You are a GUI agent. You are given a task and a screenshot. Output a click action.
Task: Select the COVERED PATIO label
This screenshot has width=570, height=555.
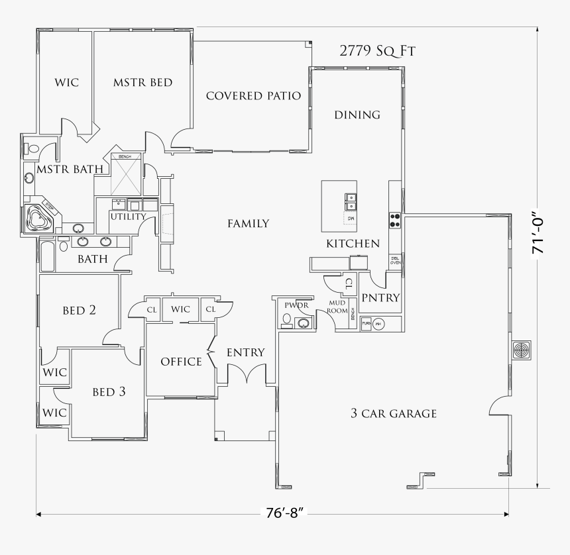coord(253,96)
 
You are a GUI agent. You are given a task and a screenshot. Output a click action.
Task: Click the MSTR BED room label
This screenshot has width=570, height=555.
coord(142,83)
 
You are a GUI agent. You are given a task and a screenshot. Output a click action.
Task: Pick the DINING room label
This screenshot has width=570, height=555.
coord(357,115)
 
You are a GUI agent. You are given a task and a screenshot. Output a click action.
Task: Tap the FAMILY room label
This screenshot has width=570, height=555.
coord(249,224)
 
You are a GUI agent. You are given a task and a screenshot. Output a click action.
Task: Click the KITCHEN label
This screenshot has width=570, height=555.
coord(353,244)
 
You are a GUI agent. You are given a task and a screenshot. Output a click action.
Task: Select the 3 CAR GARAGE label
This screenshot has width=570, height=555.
coord(394,414)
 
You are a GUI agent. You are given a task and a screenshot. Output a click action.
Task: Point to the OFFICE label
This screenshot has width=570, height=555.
coord(181,362)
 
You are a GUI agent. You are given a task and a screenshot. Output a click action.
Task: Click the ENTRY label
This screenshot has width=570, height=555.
coord(245,352)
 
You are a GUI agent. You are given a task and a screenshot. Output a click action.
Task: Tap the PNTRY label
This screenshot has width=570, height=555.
coord(380,298)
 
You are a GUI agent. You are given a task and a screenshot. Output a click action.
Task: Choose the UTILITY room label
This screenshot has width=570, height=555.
coord(128,217)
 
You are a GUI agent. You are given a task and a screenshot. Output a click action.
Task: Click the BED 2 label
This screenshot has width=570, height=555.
coord(84,310)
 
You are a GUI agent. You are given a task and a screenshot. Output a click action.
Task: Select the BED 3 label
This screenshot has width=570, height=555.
coord(109,392)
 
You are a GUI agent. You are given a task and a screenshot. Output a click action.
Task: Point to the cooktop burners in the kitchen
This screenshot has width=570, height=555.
coord(395,219)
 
